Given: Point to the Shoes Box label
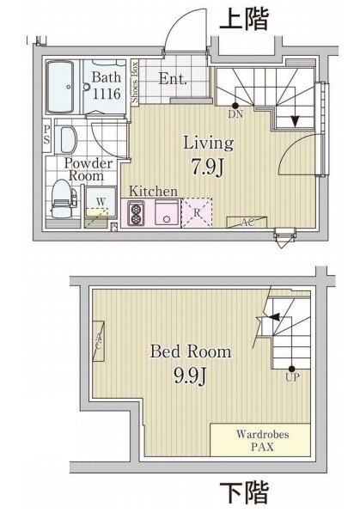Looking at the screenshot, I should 134,82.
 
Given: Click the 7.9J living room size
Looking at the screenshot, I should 207,165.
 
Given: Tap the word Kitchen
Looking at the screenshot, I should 153,191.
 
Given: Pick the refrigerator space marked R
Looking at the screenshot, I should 198,212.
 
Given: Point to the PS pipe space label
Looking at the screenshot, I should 46,136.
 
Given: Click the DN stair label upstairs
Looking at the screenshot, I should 235,113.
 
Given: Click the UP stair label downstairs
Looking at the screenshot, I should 293,376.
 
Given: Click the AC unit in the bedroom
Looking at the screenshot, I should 99,343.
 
